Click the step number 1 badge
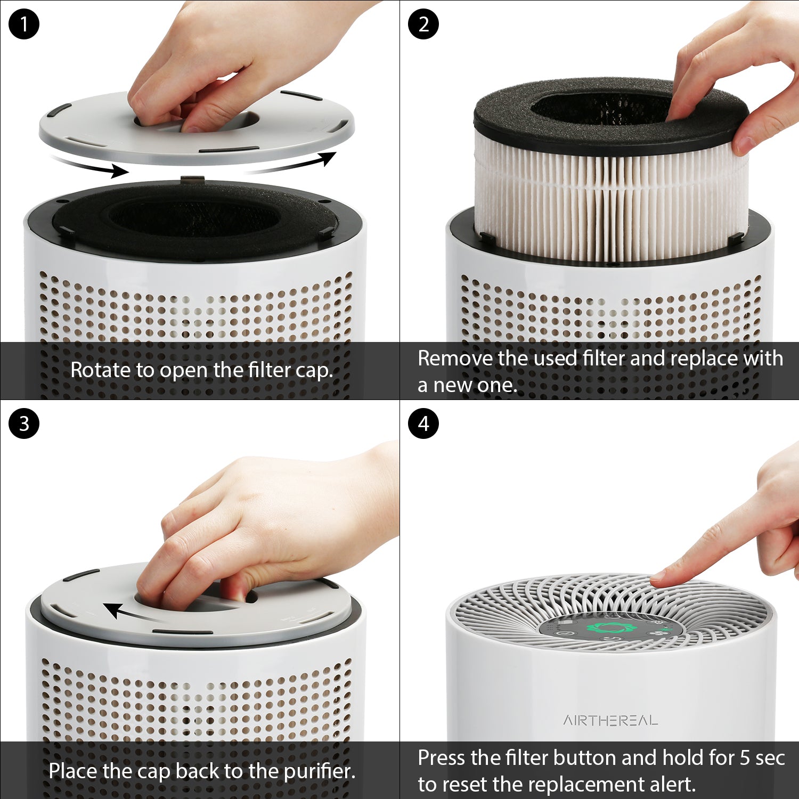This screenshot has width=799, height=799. [x=24, y=24]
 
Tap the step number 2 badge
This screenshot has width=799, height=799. [x=423, y=24]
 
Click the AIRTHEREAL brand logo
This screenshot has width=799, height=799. [x=610, y=721]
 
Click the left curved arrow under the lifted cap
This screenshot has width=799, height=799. [x=91, y=165]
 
